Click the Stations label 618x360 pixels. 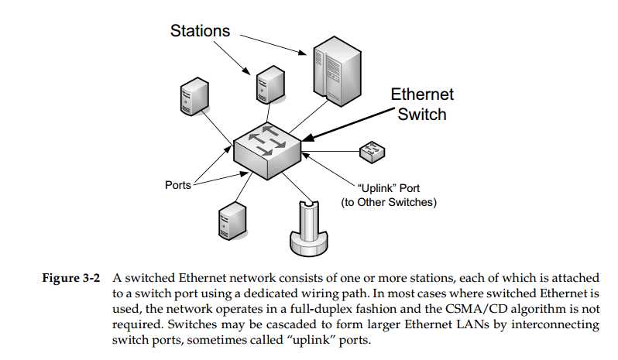tap(200, 30)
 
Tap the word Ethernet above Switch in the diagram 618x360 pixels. tap(422, 95)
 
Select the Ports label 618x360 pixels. tap(178, 185)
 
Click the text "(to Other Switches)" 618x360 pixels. tap(390, 203)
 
